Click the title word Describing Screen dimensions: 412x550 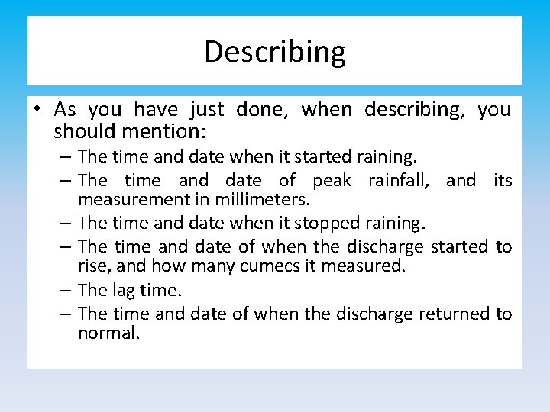[x=275, y=52]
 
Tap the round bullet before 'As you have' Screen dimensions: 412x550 [x=37, y=111]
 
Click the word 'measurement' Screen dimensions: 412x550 [x=128, y=200]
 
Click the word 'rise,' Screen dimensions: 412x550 [x=94, y=266]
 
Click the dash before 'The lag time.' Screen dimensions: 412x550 [x=66, y=290]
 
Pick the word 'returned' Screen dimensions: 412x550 [x=455, y=314]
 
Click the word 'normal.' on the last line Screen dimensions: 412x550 [x=108, y=333]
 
